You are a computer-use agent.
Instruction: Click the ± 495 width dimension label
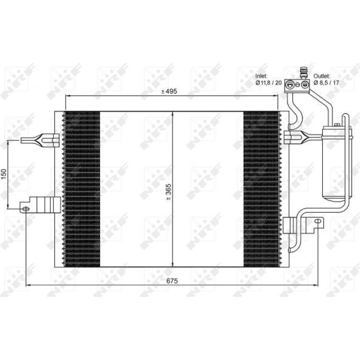pos(169,91)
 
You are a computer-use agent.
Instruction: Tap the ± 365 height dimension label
pos(168,192)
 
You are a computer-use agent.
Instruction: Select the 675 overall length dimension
pos(172,281)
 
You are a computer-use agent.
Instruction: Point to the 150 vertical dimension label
pos(4,174)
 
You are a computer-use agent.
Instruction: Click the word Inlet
pos(261,76)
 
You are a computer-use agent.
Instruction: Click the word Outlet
pos(322,76)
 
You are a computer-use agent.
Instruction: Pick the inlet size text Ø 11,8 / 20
pos(269,83)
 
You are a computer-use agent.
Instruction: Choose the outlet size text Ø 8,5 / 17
pos(326,83)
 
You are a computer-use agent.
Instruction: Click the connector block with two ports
pos(297,86)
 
